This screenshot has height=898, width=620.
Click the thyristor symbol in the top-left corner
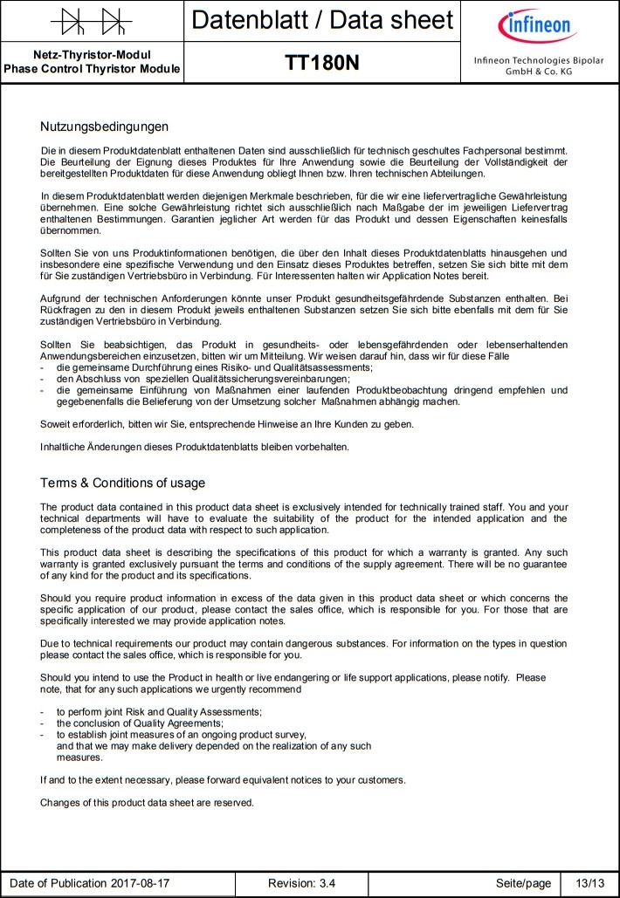pos(92,20)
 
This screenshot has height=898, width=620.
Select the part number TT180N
pos(322,64)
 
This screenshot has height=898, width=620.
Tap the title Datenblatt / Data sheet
pos(322,20)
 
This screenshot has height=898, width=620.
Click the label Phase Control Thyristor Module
pos(92,69)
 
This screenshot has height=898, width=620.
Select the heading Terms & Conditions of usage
pos(123,483)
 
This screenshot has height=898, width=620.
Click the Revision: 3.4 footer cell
pos(301,883)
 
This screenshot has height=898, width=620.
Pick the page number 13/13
pos(584,883)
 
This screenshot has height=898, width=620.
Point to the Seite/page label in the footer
pos(523,883)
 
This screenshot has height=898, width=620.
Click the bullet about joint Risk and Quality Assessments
pos(159,712)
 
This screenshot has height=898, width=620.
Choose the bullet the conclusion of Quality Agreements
pos(140,723)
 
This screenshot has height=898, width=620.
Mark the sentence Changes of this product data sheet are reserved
pos(147,802)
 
